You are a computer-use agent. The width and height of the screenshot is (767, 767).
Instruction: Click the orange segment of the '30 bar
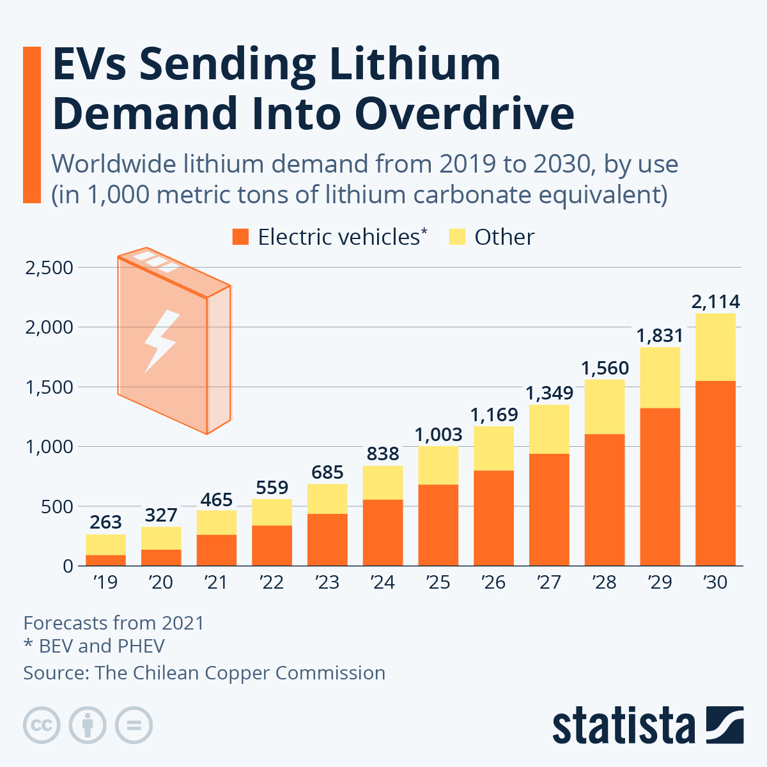715,473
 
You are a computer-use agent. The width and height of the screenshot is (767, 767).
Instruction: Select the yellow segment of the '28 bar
604,407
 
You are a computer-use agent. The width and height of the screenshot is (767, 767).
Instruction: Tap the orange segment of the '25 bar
438,525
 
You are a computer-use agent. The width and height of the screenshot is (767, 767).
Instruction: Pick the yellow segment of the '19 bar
105,545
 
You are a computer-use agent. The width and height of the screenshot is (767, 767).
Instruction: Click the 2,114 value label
715,302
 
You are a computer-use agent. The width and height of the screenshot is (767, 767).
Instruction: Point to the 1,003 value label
438,435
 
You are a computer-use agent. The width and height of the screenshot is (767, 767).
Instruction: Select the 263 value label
105,522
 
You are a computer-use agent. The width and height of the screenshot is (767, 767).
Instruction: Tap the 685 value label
327,472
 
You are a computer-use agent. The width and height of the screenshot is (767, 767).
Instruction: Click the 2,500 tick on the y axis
49,268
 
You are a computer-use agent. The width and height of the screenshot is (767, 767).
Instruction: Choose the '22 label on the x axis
272,582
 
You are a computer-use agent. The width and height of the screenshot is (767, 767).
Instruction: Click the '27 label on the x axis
548,582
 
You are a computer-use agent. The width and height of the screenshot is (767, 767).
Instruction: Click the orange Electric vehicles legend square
240,237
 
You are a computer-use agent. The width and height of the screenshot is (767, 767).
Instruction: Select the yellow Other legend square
457,237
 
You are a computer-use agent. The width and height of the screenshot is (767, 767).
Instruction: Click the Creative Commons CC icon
42,725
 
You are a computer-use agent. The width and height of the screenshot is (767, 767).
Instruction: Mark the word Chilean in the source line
165,673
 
